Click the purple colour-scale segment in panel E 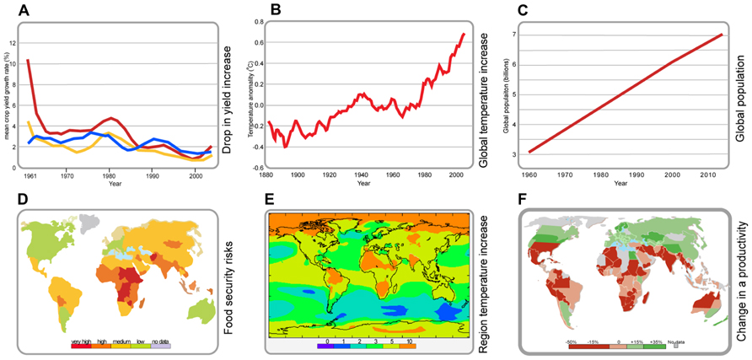[325, 345]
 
